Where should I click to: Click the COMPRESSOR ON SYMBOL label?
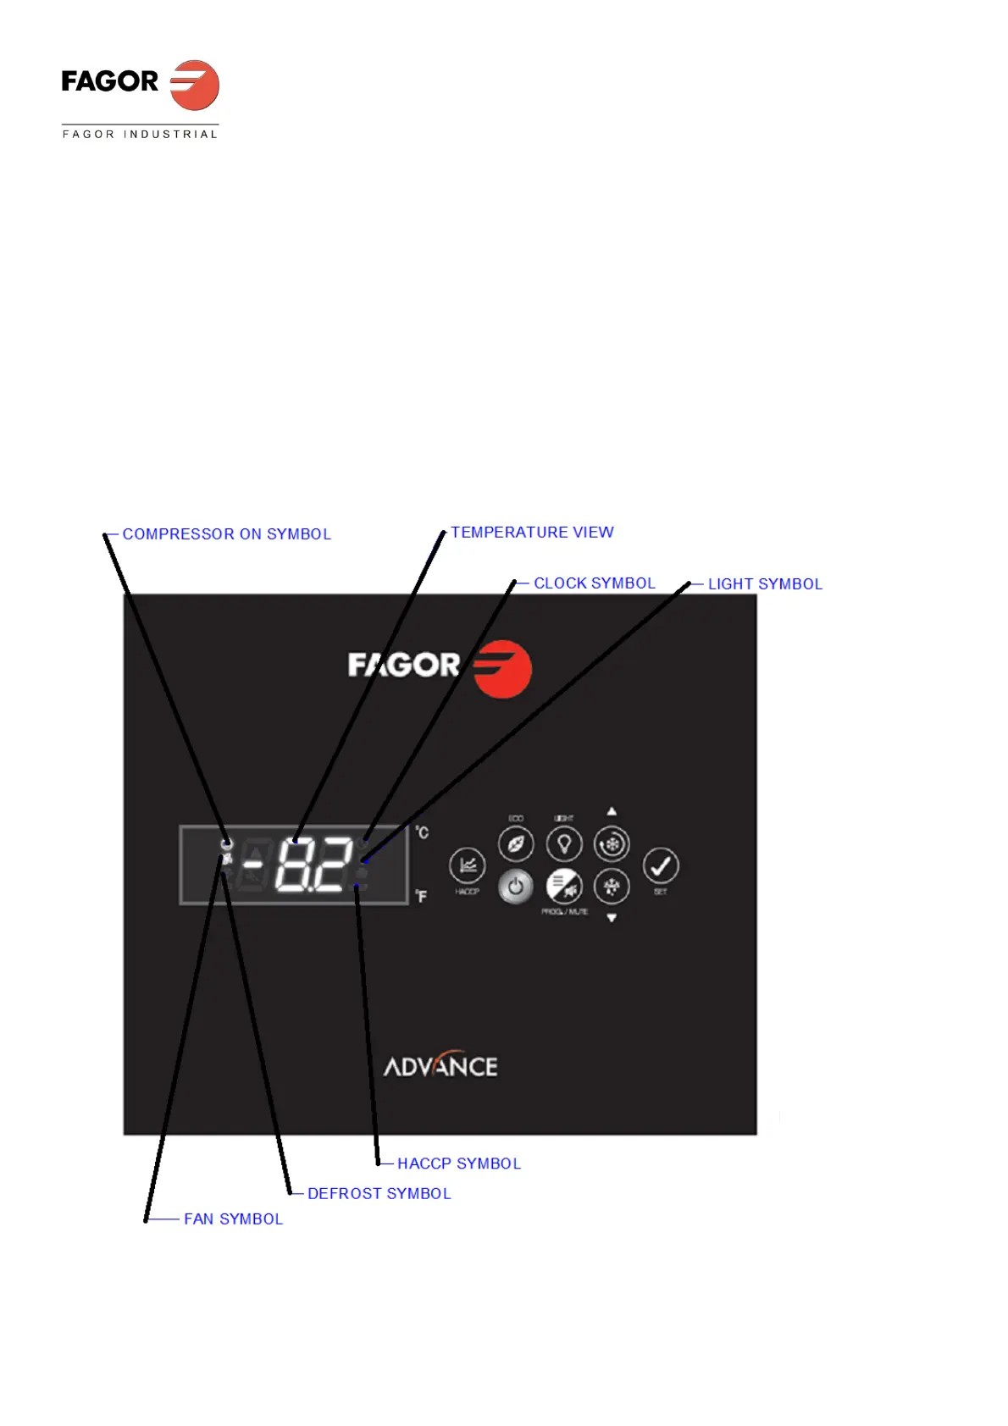(x=226, y=534)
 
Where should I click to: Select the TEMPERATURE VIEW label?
(x=532, y=533)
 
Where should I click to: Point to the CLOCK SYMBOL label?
(x=594, y=583)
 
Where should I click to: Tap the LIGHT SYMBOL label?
(x=765, y=584)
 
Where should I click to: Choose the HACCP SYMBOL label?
(x=459, y=1163)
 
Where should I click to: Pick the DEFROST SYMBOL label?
(x=379, y=1193)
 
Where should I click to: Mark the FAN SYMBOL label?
(x=233, y=1219)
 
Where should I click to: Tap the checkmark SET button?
(x=661, y=865)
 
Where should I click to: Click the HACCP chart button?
(x=467, y=865)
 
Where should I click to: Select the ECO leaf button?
(x=516, y=844)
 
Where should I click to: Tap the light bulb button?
(x=564, y=844)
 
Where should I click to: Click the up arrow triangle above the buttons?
(x=612, y=811)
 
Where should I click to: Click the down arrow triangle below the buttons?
(x=612, y=918)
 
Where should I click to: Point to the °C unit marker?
(x=422, y=832)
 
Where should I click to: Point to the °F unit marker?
(x=421, y=896)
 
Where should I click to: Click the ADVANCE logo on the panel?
(x=440, y=1065)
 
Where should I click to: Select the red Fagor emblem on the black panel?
(x=502, y=669)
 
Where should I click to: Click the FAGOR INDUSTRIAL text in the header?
(x=141, y=134)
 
